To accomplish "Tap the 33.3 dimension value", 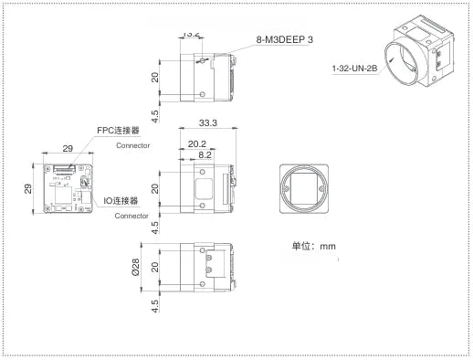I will point(206,123).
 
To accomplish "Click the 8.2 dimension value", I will point(207,154).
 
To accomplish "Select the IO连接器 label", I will point(121,200).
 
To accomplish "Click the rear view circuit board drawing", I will point(67,190).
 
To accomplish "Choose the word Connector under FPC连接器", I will point(132,145).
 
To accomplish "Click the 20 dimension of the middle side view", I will point(156,189).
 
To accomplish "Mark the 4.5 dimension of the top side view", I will point(156,116).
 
